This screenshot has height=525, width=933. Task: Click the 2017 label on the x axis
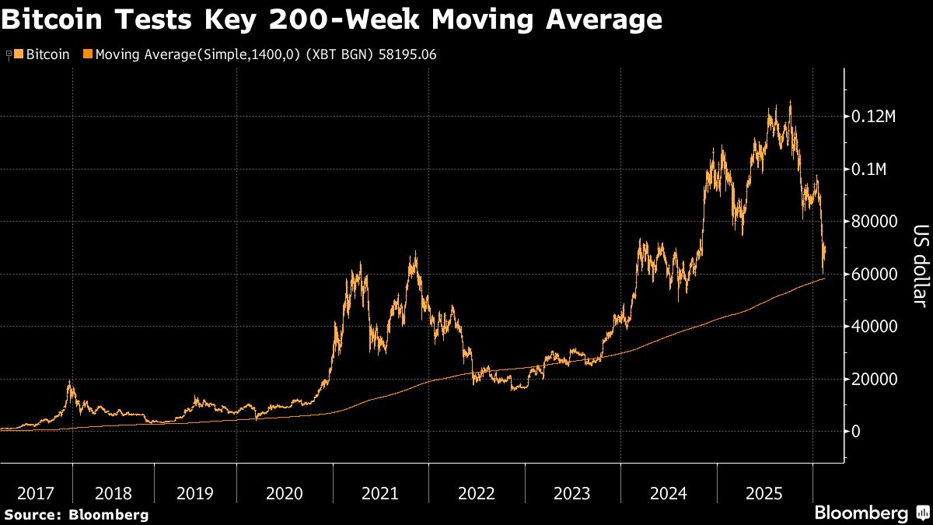coord(36,493)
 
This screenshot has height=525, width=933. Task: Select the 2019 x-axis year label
coord(195,493)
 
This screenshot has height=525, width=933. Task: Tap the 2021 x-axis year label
coord(380,493)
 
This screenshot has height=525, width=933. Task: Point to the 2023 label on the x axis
coord(571,493)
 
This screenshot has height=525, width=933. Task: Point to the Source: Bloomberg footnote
coord(76,514)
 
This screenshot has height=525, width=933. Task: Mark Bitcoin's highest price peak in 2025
coord(790,101)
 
